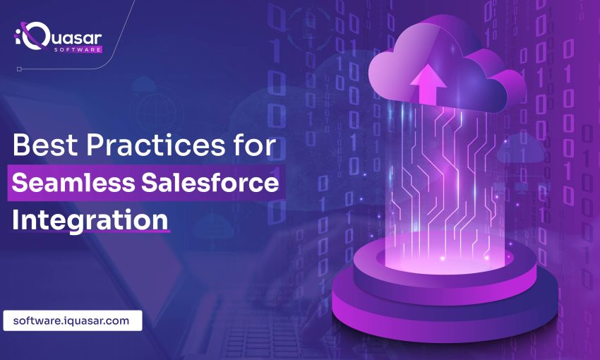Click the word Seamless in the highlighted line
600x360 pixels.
pos(73,183)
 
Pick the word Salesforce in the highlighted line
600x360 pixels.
pos(210,183)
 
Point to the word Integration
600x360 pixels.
pos(90,220)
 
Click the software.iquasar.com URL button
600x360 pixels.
pos(72,320)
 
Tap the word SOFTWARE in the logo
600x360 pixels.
pos(78,49)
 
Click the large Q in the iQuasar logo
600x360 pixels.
pos(35,35)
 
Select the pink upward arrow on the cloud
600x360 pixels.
pos(428,84)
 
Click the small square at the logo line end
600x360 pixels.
pos(19,69)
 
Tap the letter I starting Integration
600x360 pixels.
pos(16,220)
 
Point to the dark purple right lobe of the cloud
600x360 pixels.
pos(505,90)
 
